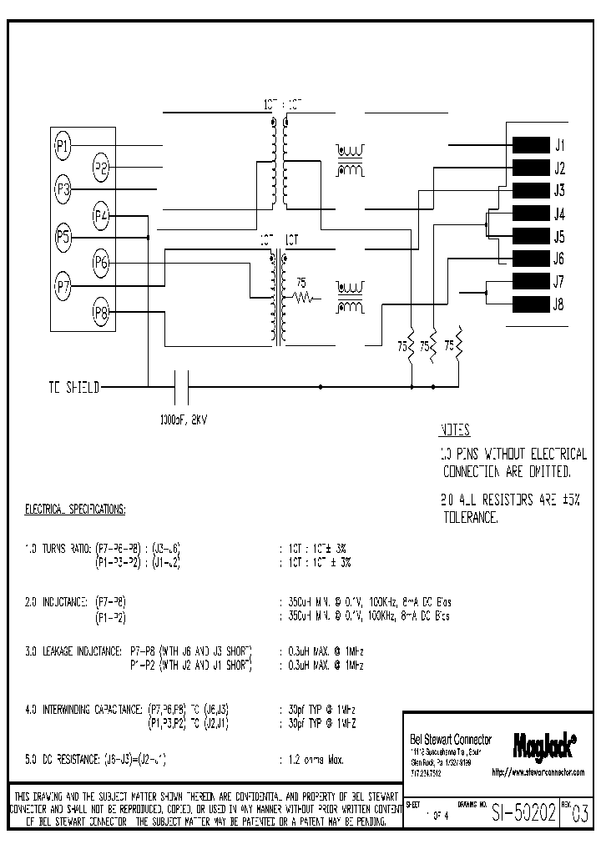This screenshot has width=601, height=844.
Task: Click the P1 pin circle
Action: pos(63,146)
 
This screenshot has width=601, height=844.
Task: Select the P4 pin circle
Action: pos(102,217)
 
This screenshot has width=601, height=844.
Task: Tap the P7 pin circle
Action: pos(63,286)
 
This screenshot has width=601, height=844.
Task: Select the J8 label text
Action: pos(558,304)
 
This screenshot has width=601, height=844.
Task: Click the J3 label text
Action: pos(558,189)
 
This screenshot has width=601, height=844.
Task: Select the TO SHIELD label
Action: pos(73,388)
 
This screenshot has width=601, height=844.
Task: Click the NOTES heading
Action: pos(455,431)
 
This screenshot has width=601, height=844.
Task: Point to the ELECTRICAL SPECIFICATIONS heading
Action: pos(75,508)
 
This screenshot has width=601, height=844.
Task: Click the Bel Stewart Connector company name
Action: pos(451,740)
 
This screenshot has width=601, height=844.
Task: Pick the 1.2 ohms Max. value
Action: pos(310,760)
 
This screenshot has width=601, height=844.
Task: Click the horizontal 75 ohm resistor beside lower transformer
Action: pos(301,296)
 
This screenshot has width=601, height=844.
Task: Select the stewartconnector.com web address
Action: pos(538,773)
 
